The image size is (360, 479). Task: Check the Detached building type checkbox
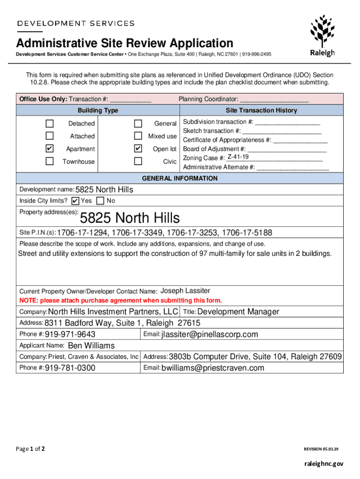coord(50,123)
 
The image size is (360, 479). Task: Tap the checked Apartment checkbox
coord(50,149)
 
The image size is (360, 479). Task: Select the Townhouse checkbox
coord(50,161)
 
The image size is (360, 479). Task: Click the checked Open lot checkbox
coord(138,149)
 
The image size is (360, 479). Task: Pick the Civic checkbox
coord(138,161)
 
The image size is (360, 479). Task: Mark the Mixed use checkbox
coord(138,136)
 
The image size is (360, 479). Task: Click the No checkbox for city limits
coord(100,201)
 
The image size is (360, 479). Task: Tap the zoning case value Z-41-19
coord(238,157)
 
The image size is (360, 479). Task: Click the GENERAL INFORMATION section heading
coord(180,178)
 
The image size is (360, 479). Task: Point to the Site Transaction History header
coord(261,110)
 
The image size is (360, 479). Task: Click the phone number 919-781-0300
coord(70,368)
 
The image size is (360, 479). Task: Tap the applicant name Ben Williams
coord(91,346)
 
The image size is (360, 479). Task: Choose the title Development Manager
coord(238,312)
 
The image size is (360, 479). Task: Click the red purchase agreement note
coord(121,300)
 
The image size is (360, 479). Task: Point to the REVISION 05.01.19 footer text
coord(321,449)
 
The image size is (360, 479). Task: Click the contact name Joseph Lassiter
coord(185,291)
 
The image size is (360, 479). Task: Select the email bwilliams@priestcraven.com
coord(213,368)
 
